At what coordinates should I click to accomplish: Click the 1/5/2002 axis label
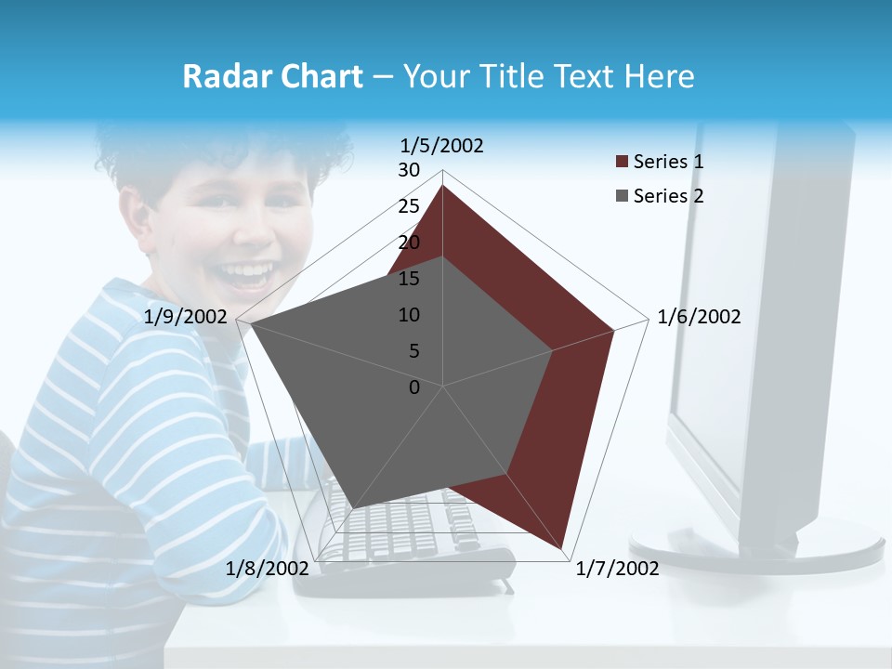441,145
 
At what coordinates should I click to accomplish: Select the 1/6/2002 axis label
699,317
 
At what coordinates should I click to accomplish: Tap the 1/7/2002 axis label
617,568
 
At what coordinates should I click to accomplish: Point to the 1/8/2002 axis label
267,568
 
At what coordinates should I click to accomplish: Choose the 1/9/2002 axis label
186,317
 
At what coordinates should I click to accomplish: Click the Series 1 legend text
668,162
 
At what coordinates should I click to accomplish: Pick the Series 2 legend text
668,196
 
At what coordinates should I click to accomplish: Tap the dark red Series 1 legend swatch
622,163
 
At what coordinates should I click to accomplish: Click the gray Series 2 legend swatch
622,196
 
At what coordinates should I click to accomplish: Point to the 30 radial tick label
409,170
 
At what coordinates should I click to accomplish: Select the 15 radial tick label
409,279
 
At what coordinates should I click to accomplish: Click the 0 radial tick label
414,387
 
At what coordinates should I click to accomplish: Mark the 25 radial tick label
409,206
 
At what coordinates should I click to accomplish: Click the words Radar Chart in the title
272,77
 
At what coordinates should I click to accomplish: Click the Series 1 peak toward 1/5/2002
442,185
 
